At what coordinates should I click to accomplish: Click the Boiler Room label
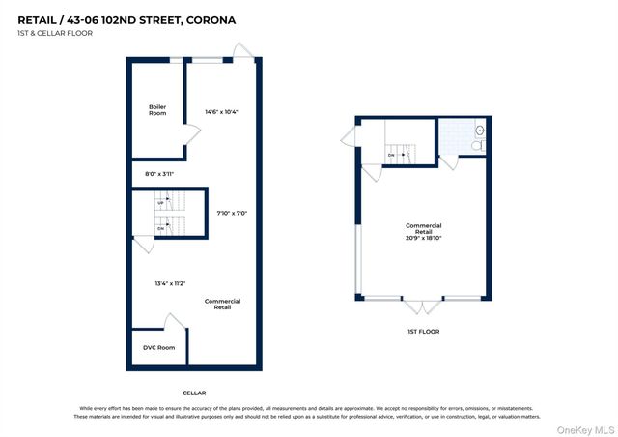[157, 110]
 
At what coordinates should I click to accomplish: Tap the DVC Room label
[159, 347]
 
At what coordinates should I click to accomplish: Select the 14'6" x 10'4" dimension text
[221, 111]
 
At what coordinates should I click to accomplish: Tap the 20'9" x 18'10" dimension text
[423, 232]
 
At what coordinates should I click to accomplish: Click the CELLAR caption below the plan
[194, 393]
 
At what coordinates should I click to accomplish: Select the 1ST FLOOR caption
[423, 331]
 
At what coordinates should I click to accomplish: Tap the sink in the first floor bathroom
[479, 130]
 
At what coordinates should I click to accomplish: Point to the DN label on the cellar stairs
[160, 228]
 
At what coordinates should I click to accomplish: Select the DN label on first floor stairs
[391, 155]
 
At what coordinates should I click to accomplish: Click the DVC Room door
[176, 322]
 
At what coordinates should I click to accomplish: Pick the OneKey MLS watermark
[582, 427]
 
